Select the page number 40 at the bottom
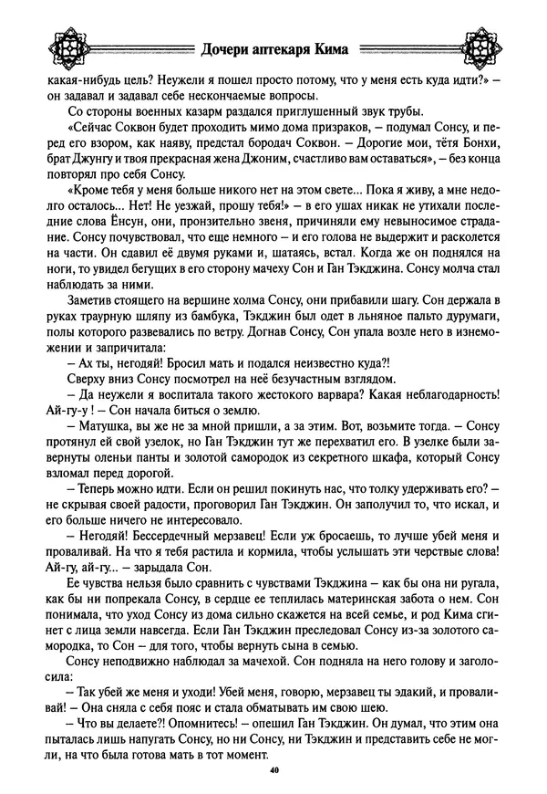(273, 771)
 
